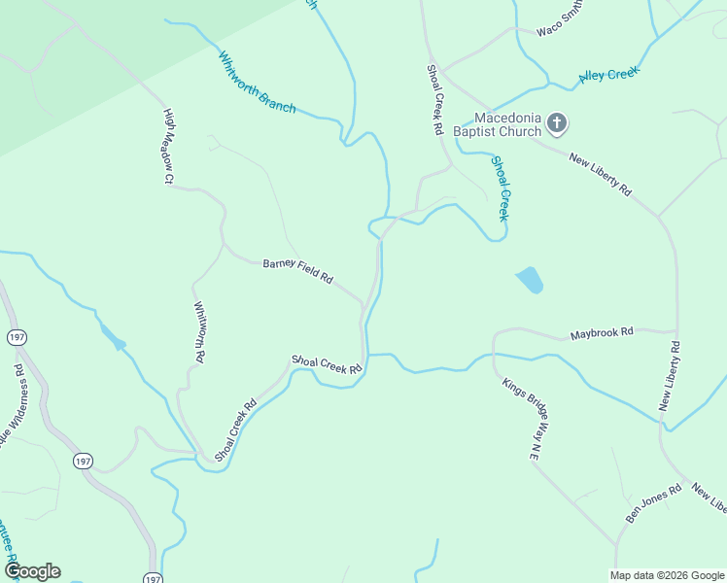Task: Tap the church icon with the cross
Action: [x=557, y=122]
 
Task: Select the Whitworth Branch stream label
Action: [x=258, y=83]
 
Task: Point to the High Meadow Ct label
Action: [x=168, y=146]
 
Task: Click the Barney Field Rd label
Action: [x=297, y=270]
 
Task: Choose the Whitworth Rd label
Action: [x=199, y=332]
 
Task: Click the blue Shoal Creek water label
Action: [x=501, y=189]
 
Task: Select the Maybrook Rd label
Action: [x=602, y=332]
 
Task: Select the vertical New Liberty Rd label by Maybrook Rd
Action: [x=670, y=376]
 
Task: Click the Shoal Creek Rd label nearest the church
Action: [x=435, y=99]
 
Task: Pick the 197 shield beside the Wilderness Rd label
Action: [x=17, y=337]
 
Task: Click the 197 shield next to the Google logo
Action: [x=153, y=578]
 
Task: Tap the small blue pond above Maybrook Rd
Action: [x=529, y=280]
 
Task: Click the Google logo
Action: [x=32, y=571]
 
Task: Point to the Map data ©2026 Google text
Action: [x=667, y=575]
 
